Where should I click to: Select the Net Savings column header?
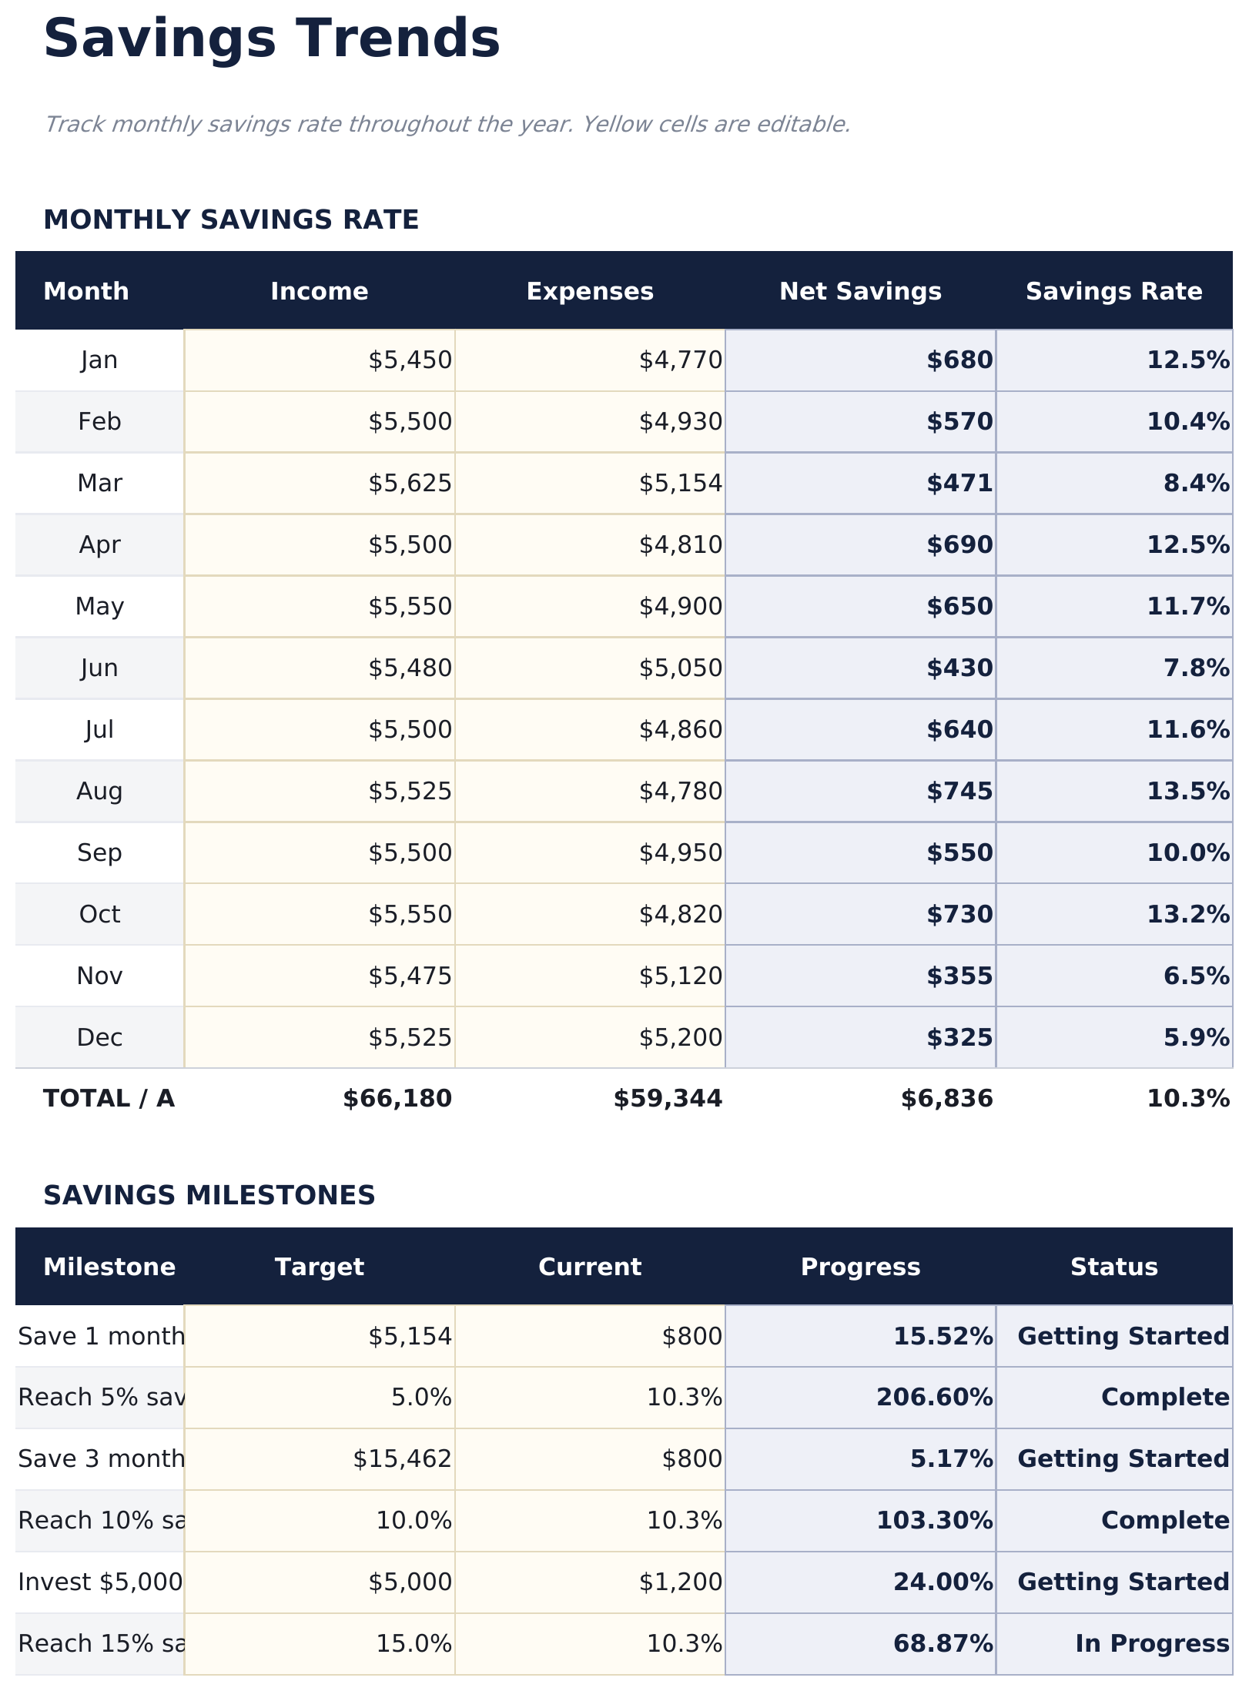point(860,291)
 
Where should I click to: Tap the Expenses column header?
point(590,291)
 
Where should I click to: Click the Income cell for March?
point(410,484)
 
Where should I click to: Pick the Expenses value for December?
point(681,1038)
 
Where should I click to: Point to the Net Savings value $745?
point(959,792)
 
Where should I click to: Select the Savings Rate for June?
point(1196,668)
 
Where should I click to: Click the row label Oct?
point(99,915)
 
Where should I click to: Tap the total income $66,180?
point(397,1099)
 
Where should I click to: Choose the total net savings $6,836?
point(947,1099)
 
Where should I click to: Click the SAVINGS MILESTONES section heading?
point(209,1196)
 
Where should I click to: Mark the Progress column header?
point(860,1267)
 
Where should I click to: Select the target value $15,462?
point(402,1459)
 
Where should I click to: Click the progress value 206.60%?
point(934,1398)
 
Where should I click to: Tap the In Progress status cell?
point(1152,1644)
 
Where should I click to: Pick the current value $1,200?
point(681,1582)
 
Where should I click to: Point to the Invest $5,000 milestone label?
point(100,1582)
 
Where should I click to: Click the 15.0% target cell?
point(414,1644)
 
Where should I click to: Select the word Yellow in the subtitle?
point(615,124)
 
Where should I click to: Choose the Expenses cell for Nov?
point(681,976)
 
